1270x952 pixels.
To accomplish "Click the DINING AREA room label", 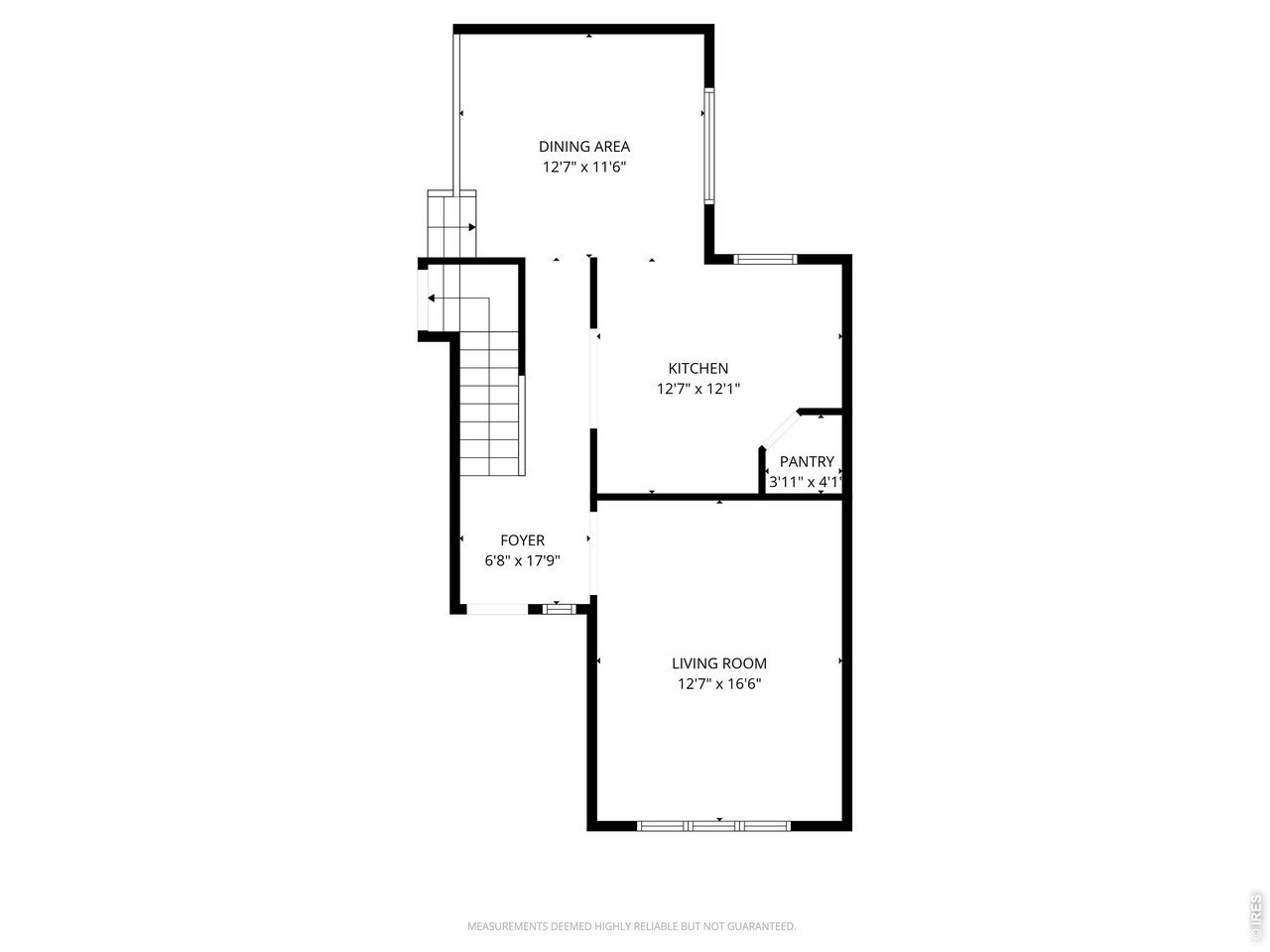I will [584, 147].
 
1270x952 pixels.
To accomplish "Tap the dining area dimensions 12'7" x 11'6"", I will [584, 168].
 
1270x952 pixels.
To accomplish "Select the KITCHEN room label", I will [698, 368].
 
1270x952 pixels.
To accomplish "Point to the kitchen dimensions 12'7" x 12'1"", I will [698, 389].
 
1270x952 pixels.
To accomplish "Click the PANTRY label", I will [807, 462].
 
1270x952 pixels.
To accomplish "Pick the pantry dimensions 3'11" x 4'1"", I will [806, 483].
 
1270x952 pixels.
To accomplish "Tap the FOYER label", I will [522, 540].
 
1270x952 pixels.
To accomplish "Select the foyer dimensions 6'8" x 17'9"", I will [522, 560].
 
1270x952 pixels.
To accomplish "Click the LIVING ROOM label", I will [719, 663].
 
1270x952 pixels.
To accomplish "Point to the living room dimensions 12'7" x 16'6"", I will [719, 684].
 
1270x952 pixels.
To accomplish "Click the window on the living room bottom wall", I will [714, 825].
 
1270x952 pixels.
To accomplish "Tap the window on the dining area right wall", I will [709, 146].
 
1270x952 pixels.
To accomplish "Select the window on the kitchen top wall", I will [765, 260].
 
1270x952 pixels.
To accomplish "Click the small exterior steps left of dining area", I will [451, 224].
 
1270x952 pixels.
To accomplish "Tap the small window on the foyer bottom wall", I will [559, 609].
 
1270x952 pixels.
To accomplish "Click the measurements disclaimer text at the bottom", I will [632, 926].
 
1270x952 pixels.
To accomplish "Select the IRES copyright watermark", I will [1256, 917].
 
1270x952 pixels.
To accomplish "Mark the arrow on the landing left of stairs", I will [433, 297].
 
